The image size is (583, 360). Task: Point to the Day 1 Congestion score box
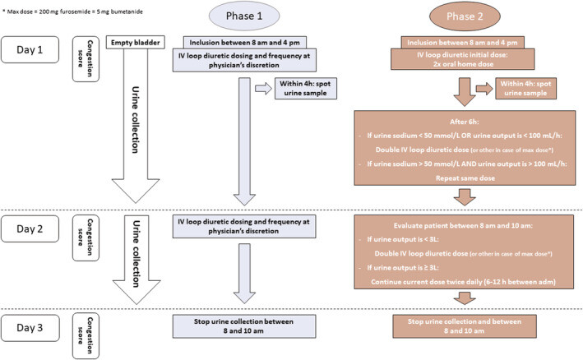pos(85,54)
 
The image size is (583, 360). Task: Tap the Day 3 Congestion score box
pos(85,327)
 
